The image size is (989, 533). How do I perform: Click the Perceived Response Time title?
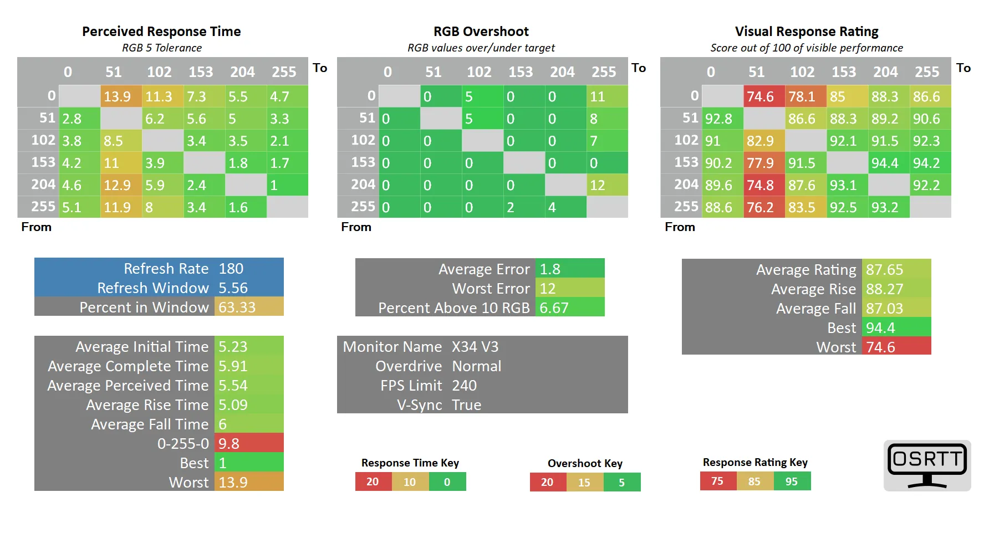click(161, 32)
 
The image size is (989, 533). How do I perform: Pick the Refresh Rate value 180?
click(231, 269)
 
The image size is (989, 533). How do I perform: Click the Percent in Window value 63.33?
click(237, 307)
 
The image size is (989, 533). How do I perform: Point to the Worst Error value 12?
click(548, 289)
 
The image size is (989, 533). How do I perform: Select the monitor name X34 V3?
click(475, 347)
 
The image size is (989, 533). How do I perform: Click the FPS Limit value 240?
click(464, 386)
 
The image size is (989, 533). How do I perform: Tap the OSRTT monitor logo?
click(927, 465)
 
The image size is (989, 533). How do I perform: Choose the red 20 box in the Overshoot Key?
click(547, 482)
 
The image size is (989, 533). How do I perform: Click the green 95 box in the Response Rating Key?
click(792, 481)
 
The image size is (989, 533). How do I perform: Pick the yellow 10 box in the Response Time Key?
click(410, 482)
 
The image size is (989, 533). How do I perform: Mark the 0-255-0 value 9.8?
click(229, 444)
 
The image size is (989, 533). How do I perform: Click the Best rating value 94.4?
click(880, 328)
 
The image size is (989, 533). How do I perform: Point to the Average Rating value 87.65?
click(885, 270)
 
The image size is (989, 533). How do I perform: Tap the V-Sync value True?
click(467, 405)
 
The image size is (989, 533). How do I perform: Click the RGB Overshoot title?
click(481, 32)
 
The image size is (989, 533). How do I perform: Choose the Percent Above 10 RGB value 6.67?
click(554, 308)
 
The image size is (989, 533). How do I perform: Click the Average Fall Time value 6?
click(223, 424)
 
